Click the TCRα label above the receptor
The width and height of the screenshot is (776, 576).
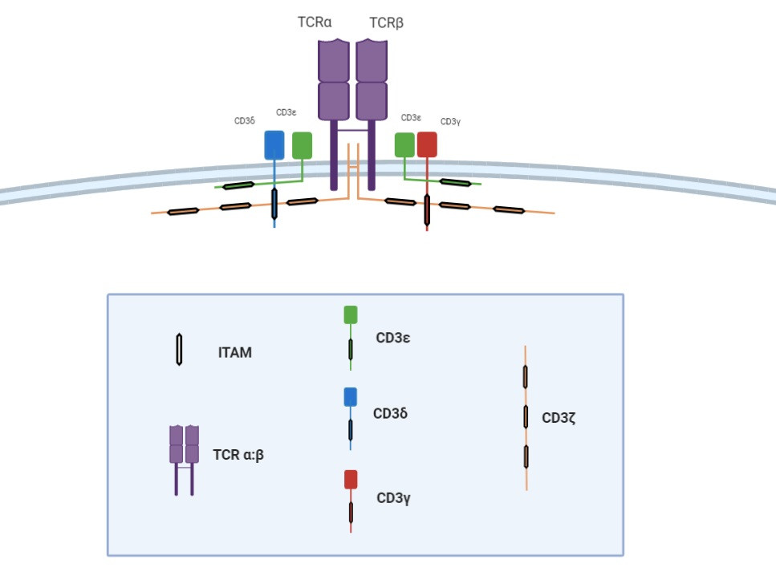tap(315, 22)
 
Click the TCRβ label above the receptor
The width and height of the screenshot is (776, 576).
tap(387, 22)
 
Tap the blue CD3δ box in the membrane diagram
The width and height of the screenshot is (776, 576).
tap(274, 145)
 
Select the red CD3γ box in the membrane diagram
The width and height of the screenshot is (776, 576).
tap(427, 144)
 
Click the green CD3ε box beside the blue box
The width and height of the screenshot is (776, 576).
tap(302, 145)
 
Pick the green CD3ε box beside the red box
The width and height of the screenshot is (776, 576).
tap(404, 145)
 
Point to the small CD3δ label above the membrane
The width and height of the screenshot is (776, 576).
tap(245, 121)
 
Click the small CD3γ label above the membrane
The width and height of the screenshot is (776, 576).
tap(450, 122)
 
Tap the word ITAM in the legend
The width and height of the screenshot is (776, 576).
tap(235, 352)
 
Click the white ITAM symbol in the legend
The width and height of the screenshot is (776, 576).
tap(179, 349)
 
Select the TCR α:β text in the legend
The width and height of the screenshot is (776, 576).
tap(238, 455)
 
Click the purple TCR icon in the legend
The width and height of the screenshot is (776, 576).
tap(184, 460)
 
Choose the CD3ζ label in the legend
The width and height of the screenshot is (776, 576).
tap(559, 418)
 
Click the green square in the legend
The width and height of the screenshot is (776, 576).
tap(351, 314)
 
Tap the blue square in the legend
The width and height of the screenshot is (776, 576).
tap(351, 397)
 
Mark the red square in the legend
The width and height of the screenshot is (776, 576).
tap(351, 480)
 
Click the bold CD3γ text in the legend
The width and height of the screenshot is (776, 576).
tap(393, 498)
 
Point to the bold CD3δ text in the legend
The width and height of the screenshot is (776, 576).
tap(390, 413)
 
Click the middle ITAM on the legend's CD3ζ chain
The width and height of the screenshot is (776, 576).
tap(526, 416)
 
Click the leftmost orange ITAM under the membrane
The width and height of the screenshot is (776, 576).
tap(183, 211)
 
